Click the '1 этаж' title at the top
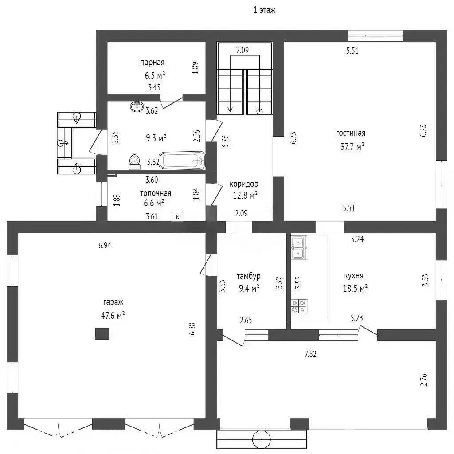click(x=264, y=10)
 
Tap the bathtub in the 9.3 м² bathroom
click(x=182, y=160)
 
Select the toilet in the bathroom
click(x=134, y=162)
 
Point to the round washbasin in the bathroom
click(x=137, y=106)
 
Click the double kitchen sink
click(x=299, y=247)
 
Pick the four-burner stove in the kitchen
click(x=299, y=306)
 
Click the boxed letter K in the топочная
click(x=177, y=216)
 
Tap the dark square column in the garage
click(x=102, y=333)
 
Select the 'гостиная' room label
click(x=351, y=133)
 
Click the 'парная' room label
click(x=153, y=63)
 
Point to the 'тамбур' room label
click(x=248, y=276)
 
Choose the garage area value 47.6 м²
click(x=113, y=315)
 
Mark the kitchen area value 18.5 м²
click(x=355, y=288)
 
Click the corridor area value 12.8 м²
click(x=245, y=196)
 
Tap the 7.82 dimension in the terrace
click(x=310, y=354)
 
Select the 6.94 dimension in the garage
click(x=105, y=246)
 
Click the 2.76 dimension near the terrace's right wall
click(x=423, y=380)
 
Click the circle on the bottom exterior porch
click(x=262, y=439)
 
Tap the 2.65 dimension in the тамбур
click(x=246, y=320)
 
